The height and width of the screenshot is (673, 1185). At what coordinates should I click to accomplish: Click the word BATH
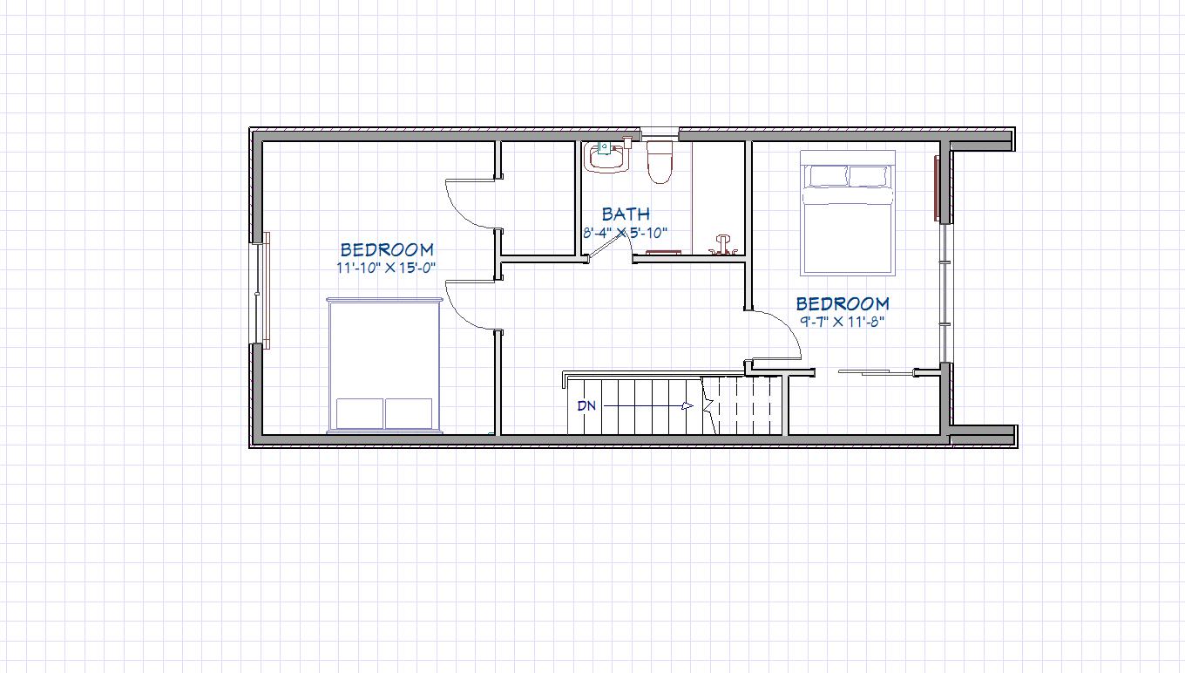pyautogui.click(x=626, y=214)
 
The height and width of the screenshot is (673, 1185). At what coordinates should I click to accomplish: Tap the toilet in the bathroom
pyautogui.click(x=660, y=161)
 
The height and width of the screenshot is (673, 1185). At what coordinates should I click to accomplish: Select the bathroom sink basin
pyautogui.click(x=607, y=157)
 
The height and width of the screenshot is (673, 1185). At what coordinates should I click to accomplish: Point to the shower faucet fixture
pyautogui.click(x=722, y=246)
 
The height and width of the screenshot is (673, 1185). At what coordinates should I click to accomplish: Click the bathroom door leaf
pyautogui.click(x=606, y=246)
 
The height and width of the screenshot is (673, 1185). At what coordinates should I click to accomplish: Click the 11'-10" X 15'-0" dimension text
pyautogui.click(x=386, y=268)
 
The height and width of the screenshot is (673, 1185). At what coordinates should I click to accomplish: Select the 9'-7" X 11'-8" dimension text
pyautogui.click(x=843, y=321)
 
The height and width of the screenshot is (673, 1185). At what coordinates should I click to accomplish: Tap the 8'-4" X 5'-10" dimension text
pyautogui.click(x=626, y=232)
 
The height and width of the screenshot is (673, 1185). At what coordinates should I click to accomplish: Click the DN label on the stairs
pyautogui.click(x=586, y=406)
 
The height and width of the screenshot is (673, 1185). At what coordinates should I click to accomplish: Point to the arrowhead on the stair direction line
pyautogui.click(x=687, y=406)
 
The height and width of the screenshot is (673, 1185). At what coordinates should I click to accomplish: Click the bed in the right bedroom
pyautogui.click(x=848, y=213)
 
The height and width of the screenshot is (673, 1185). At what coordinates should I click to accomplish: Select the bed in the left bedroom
pyautogui.click(x=384, y=365)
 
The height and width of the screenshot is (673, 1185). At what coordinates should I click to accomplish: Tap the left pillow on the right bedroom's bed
pyautogui.click(x=828, y=176)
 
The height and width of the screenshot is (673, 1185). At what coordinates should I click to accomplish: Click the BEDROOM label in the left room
pyautogui.click(x=387, y=249)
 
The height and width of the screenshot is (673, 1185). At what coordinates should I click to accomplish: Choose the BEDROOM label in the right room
pyautogui.click(x=843, y=303)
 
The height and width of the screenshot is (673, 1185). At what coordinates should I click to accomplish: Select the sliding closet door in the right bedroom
pyautogui.click(x=876, y=373)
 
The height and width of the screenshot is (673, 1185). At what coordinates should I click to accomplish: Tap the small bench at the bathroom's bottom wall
pyautogui.click(x=662, y=253)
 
